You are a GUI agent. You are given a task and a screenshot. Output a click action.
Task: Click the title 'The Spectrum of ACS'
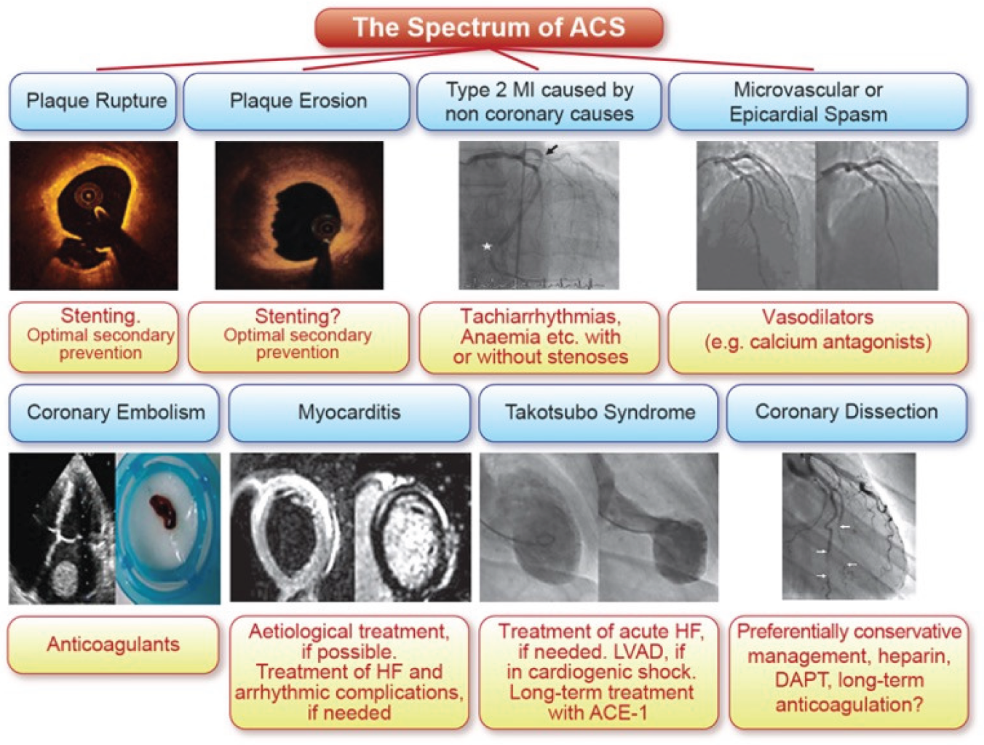[x=488, y=28]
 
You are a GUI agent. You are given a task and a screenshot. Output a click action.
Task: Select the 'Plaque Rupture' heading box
[x=95, y=101]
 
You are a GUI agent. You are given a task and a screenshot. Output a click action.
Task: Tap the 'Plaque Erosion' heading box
[x=298, y=101]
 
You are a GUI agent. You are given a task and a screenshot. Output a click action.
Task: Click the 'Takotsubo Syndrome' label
[x=600, y=413]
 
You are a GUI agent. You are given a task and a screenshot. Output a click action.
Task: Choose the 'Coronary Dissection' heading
[x=846, y=412]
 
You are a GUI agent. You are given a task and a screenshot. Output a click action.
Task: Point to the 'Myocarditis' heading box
[x=349, y=413]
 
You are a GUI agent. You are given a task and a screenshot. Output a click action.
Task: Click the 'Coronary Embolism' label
[x=115, y=413]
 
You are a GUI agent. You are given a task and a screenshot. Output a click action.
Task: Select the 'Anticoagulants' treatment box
[x=113, y=645]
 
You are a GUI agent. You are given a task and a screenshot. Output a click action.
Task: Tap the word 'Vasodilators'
[x=817, y=317]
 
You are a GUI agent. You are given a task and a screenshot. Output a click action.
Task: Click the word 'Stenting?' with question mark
[x=297, y=316]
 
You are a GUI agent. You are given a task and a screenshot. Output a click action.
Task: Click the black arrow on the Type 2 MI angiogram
[x=553, y=149]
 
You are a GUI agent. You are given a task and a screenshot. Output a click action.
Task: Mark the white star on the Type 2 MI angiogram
[x=487, y=247]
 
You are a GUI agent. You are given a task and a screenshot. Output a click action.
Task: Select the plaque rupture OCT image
[x=93, y=215]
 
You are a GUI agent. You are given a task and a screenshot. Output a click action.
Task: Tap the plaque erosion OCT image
[x=298, y=215]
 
